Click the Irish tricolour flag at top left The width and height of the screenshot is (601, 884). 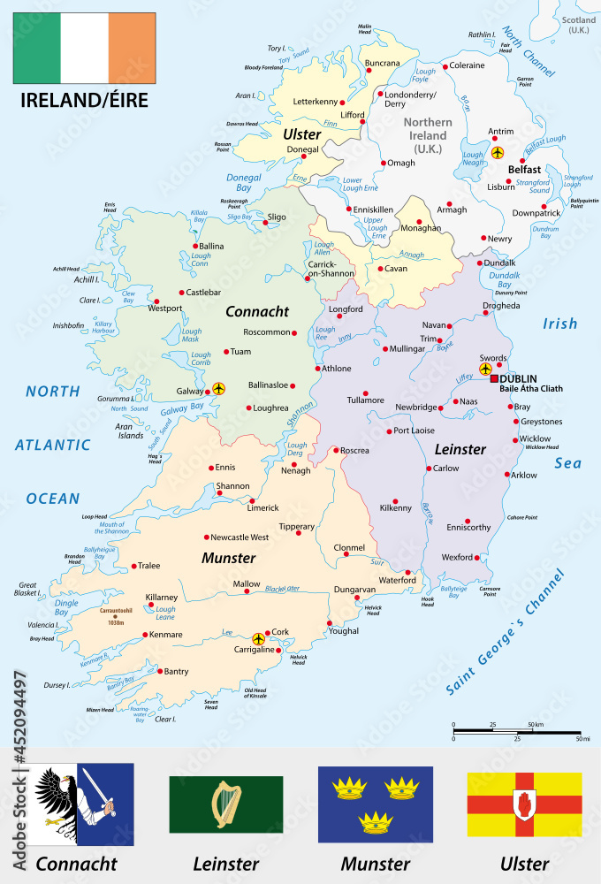84,47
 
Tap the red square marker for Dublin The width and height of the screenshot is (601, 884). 494,378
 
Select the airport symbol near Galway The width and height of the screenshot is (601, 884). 218,388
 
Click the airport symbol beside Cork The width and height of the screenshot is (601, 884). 258,638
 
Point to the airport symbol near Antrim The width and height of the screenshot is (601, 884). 497,152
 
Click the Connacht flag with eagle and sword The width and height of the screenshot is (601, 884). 83,804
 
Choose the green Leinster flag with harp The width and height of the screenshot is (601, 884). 225,804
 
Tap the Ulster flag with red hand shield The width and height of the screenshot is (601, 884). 524,804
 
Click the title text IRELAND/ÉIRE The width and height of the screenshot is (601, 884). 84,100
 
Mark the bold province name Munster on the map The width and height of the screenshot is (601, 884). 228,558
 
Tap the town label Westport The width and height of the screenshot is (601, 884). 164,309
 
